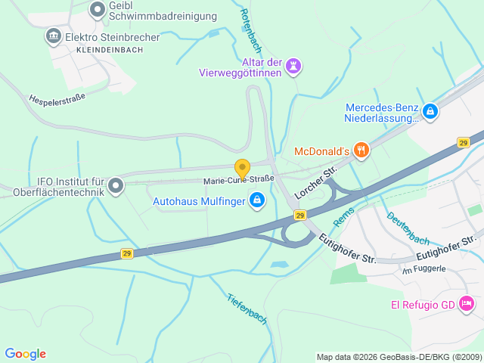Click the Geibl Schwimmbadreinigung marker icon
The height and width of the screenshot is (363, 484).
(98, 10)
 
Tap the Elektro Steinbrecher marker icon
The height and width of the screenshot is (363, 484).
(53, 36)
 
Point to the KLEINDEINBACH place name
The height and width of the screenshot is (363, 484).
(110, 49)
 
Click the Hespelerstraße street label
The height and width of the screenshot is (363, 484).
(57, 98)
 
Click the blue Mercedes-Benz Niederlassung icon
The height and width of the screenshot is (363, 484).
(430, 112)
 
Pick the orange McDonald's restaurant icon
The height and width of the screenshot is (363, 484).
(361, 150)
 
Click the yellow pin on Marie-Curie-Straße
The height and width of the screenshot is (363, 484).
(242, 169)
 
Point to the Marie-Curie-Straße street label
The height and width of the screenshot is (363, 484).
(239, 180)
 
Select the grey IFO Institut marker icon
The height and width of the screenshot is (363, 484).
(116, 185)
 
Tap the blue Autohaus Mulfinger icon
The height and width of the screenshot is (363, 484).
(256, 200)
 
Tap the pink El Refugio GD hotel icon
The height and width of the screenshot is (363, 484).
(467, 304)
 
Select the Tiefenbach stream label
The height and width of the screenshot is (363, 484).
(247, 309)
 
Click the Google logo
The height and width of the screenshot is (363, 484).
(25, 353)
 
